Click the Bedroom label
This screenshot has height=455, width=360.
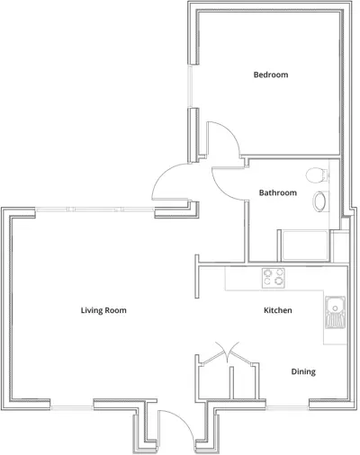270,75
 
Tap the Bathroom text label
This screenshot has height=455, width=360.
277,192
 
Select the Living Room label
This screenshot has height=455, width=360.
103,310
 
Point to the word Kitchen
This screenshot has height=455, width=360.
276,310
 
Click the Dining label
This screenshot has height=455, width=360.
303,371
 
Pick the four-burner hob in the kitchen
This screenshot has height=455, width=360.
274,278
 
